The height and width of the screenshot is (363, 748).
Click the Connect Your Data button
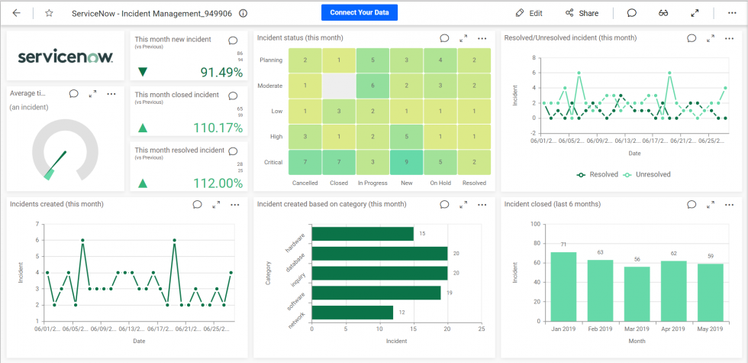click(x=359, y=13)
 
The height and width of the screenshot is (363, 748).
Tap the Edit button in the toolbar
click(x=529, y=13)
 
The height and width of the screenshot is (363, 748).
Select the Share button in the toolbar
click(x=582, y=13)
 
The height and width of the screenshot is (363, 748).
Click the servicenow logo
click(x=65, y=57)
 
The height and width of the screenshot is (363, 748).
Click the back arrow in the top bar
click(x=17, y=13)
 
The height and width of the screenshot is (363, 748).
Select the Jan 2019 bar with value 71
click(x=564, y=286)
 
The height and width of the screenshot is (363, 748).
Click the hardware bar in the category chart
click(x=363, y=234)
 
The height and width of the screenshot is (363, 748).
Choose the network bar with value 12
click(x=352, y=313)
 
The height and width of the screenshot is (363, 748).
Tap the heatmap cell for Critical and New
click(x=406, y=162)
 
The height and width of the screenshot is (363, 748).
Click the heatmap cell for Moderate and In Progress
click(x=372, y=86)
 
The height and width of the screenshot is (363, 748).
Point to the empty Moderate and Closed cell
click(x=338, y=86)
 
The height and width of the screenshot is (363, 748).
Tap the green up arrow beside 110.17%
click(x=143, y=128)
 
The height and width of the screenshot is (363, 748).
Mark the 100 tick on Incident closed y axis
click(x=534, y=225)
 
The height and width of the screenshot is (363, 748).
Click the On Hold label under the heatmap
click(x=440, y=183)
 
